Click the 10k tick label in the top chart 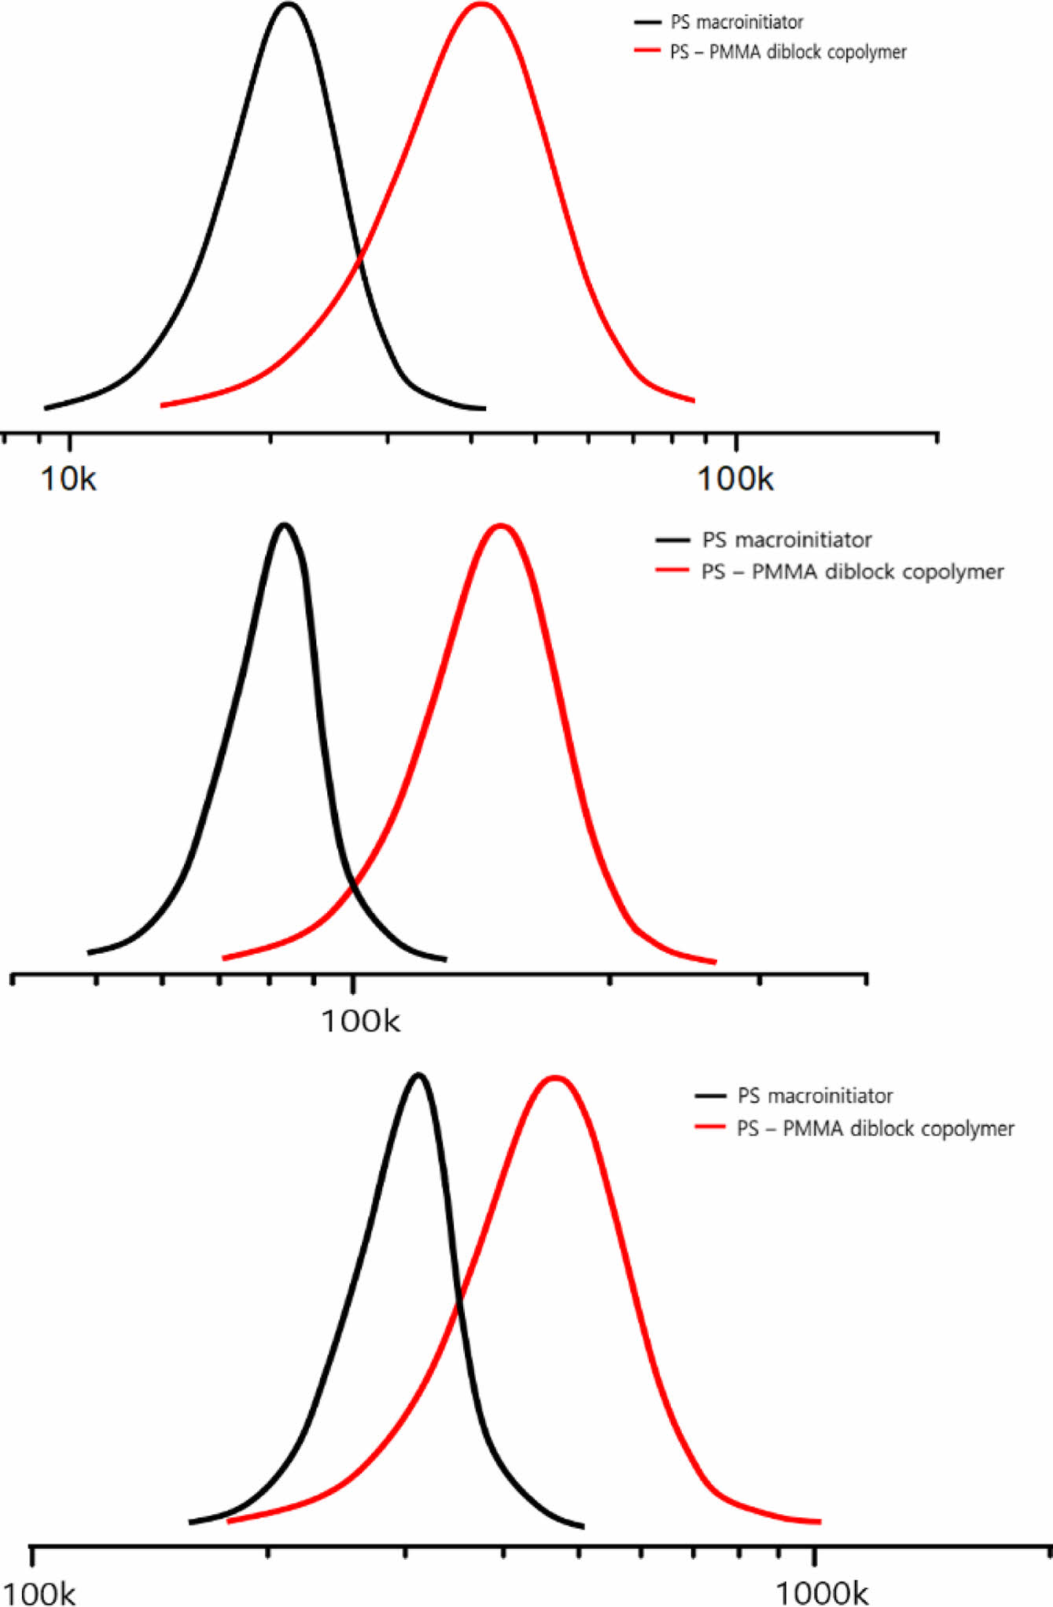coord(68,478)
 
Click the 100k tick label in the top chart coord(735,478)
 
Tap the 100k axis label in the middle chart coord(360,1021)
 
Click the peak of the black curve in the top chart coord(289,5)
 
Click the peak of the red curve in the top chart coord(480,5)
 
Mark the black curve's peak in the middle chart coord(284,525)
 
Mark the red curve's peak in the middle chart coord(499,525)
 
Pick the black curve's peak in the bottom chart coord(418,1075)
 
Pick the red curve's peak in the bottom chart coord(555,1077)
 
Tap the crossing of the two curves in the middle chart coord(353,883)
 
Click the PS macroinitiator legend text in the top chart coord(736,22)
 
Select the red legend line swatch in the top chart coord(646,51)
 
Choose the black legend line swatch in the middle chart coord(672,540)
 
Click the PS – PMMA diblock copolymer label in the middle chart coord(852,571)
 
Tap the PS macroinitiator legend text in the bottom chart coord(815,1095)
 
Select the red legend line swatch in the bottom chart coord(709,1128)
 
